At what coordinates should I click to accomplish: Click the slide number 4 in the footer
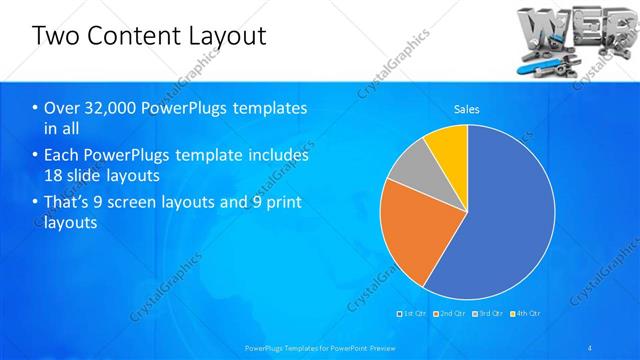pyautogui.click(x=591, y=347)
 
